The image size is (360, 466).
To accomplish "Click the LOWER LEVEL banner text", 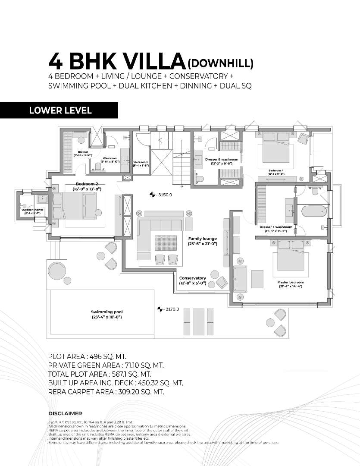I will pyautogui.click(x=60, y=110).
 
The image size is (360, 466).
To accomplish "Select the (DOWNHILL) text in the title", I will pyautogui.click(x=220, y=63).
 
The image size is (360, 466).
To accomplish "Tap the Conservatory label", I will pyautogui.click(x=192, y=278).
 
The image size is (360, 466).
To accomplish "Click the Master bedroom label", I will pyautogui.click(x=290, y=282).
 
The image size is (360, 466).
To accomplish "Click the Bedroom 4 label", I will pyautogui.click(x=276, y=171).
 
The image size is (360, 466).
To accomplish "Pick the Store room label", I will pyautogui.click(x=141, y=163).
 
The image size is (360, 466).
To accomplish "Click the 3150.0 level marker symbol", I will pyautogui.click(x=152, y=195).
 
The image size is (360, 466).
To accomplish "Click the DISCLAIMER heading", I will pyautogui.click(x=65, y=413).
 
